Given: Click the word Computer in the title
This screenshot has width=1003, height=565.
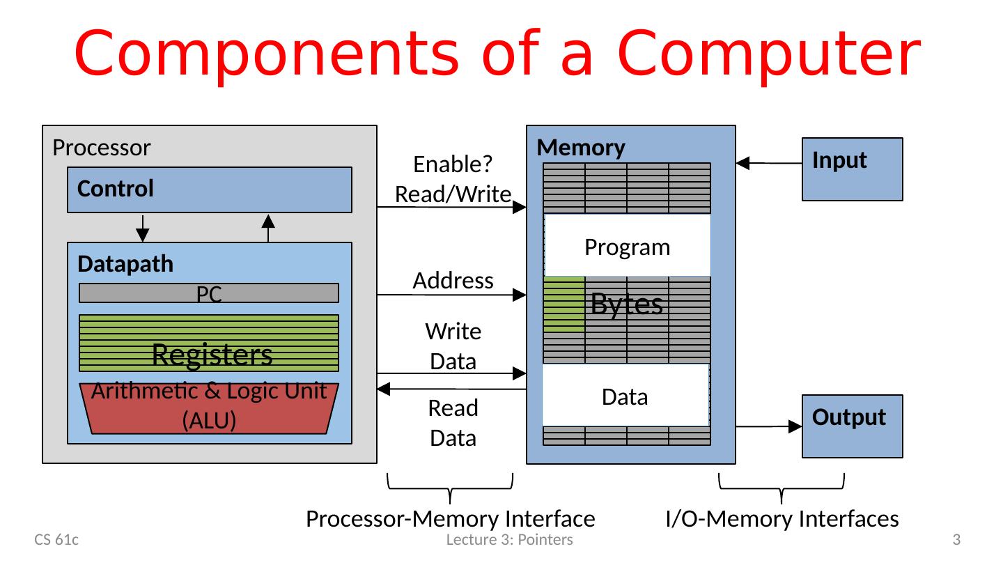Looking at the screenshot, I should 768,54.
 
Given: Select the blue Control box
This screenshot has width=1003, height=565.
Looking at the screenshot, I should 209,189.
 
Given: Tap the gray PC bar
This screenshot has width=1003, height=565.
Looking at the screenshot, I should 209,293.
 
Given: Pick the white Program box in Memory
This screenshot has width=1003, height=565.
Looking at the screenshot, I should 627,247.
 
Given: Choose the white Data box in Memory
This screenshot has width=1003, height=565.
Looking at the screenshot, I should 625,396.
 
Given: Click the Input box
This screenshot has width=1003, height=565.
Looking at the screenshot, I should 852,169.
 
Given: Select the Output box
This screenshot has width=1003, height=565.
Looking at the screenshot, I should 852,426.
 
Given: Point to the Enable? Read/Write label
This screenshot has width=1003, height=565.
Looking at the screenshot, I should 453,179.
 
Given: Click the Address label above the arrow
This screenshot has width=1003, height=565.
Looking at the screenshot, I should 453,280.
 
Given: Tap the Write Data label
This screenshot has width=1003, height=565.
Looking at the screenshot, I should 453,346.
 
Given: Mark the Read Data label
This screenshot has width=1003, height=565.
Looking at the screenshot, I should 453,422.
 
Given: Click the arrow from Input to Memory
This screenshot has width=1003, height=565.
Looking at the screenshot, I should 769,164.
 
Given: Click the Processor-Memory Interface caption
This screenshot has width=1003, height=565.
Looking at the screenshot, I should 451,518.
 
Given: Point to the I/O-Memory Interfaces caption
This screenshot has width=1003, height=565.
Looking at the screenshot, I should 782,518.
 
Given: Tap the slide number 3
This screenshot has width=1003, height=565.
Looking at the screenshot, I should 956,539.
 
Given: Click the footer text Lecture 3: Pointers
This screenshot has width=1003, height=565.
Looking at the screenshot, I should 509,539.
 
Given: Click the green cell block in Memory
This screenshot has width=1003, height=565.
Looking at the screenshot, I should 564,303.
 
